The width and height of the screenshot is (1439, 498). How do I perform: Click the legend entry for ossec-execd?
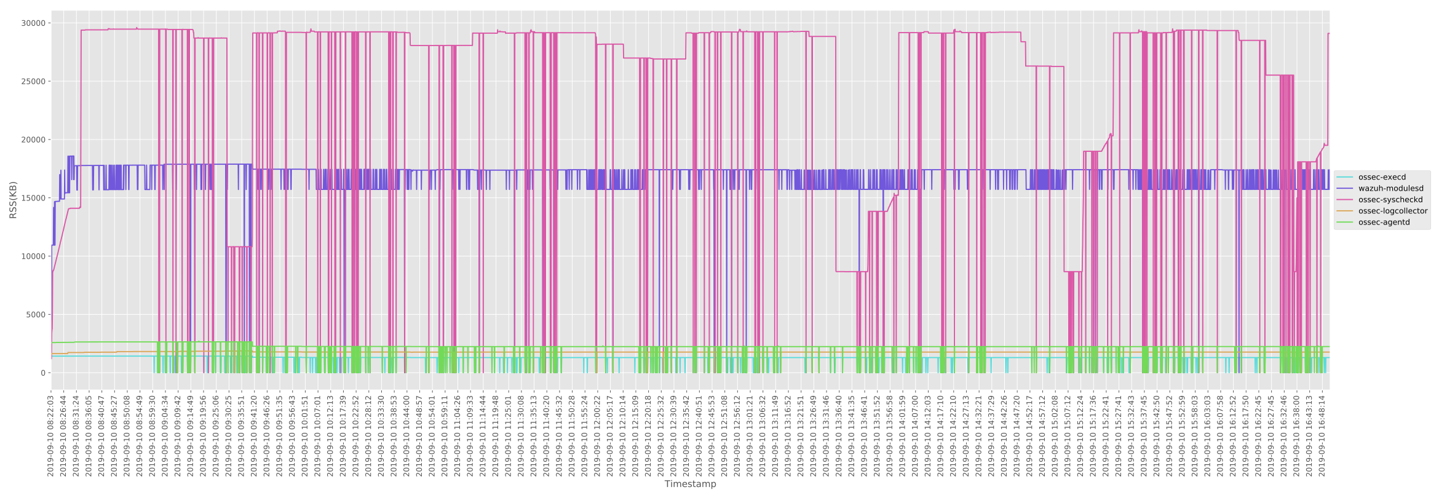point(1382,177)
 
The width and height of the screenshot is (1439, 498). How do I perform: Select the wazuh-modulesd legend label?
point(1390,189)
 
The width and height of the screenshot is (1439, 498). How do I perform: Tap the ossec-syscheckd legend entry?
point(1390,200)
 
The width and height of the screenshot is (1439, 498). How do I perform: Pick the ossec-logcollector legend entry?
point(1393,211)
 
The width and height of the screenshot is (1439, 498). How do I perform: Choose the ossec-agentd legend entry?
point(1384,222)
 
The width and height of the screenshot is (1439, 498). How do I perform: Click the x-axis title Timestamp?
point(690,484)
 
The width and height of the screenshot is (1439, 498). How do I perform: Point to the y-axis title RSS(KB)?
point(13,200)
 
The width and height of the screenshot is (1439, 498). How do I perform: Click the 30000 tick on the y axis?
point(33,23)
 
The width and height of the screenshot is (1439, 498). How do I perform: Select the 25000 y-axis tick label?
point(33,82)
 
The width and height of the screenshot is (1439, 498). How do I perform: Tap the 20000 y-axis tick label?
point(33,140)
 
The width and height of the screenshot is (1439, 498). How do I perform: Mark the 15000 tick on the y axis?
point(33,198)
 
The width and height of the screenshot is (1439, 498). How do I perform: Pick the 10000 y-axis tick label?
point(33,256)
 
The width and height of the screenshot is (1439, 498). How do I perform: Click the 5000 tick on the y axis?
point(35,315)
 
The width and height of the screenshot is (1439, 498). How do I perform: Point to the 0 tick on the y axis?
point(42,373)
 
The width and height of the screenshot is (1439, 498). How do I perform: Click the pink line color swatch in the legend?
point(1345,200)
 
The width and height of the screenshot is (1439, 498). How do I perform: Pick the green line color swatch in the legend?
point(1345,222)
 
